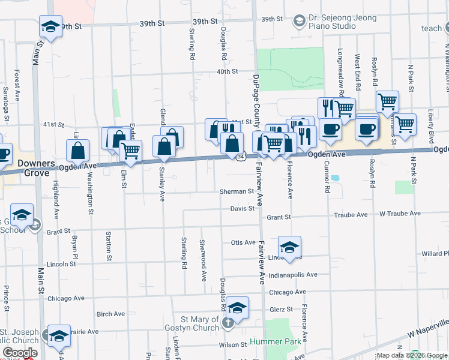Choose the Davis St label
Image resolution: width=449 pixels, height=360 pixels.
pos(243,209)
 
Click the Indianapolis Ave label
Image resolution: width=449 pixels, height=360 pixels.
pos(293,275)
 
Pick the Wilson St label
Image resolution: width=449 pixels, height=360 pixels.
pos(229,345)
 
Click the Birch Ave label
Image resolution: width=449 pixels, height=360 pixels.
pos(110,314)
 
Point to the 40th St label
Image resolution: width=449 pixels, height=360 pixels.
pos(228,71)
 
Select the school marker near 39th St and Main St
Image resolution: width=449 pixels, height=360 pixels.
pos(51,26)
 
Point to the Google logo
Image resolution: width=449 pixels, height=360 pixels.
pos(20,353)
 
